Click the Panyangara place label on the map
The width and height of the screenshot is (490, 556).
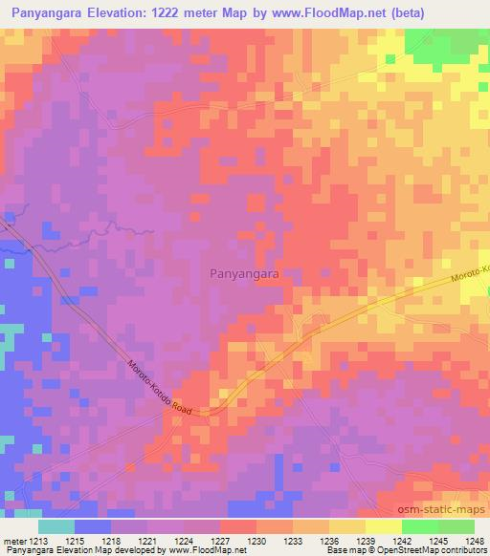[x=244, y=273]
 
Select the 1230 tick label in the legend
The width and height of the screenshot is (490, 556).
[x=256, y=542]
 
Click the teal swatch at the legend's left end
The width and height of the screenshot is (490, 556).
[x=56, y=526]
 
